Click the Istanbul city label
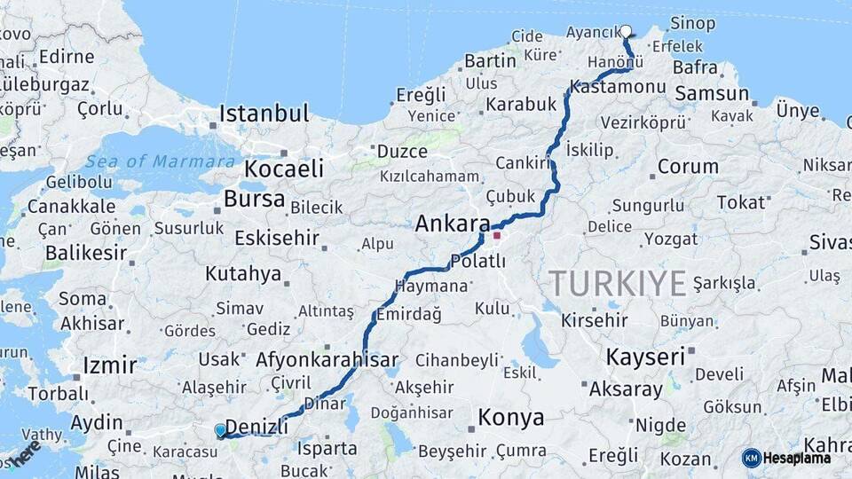click(x=264, y=114)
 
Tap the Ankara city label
click(x=453, y=224)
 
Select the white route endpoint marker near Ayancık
click(x=626, y=31)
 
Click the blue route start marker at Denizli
click(x=220, y=430)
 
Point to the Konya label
click(x=510, y=417)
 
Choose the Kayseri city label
click(x=645, y=357)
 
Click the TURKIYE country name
click(x=618, y=284)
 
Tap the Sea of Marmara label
click(x=162, y=161)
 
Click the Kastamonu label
click(x=618, y=87)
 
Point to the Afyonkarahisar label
click(x=327, y=360)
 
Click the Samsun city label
click(x=712, y=93)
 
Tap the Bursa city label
click(x=254, y=199)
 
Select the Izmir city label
click(x=109, y=365)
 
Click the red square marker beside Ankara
click(x=497, y=236)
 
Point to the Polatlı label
click(x=478, y=261)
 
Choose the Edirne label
click(x=67, y=57)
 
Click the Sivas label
click(x=829, y=242)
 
